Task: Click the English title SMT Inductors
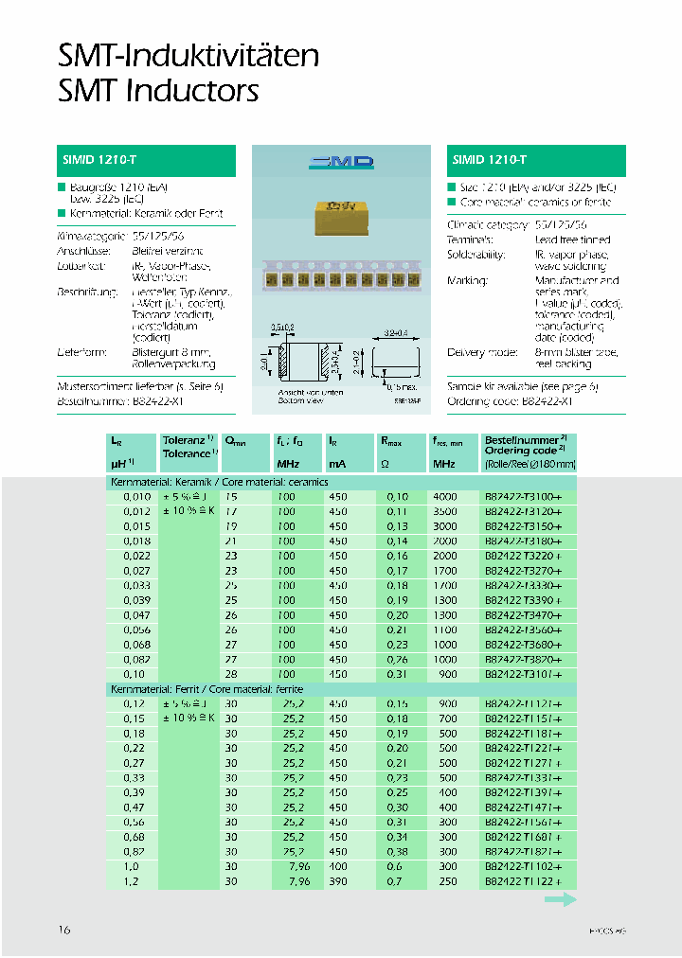click(158, 92)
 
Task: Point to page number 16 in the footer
click(65, 931)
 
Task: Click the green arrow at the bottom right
click(560, 901)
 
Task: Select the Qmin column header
click(234, 441)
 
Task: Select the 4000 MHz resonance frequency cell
click(444, 497)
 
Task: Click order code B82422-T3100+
click(524, 497)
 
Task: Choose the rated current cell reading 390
click(338, 881)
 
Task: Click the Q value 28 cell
click(232, 674)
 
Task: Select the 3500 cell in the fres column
click(444, 511)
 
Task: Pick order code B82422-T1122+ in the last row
click(524, 881)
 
